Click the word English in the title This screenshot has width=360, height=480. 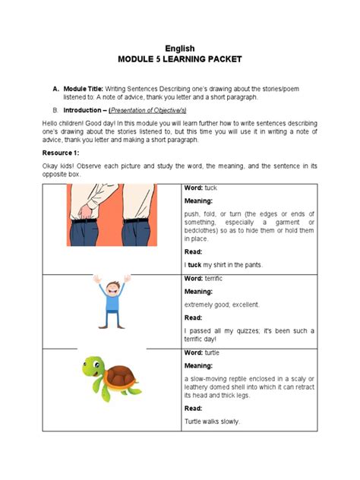(180, 49)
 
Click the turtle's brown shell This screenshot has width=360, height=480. (121, 376)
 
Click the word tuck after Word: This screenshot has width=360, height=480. (210, 188)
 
